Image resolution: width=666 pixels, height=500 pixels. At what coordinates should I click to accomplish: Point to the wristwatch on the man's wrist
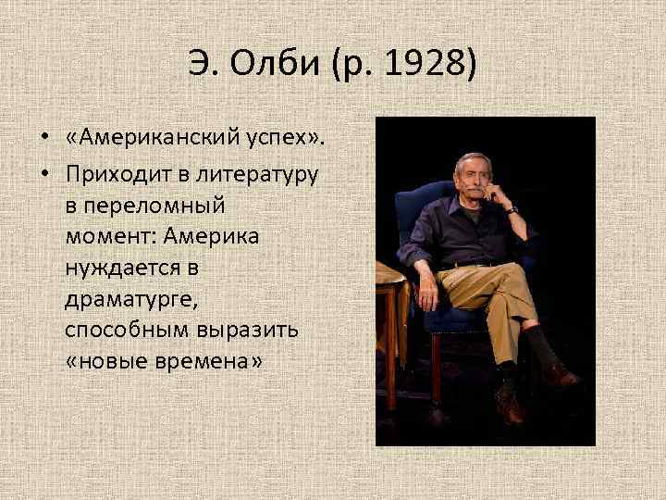click(x=511, y=211)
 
